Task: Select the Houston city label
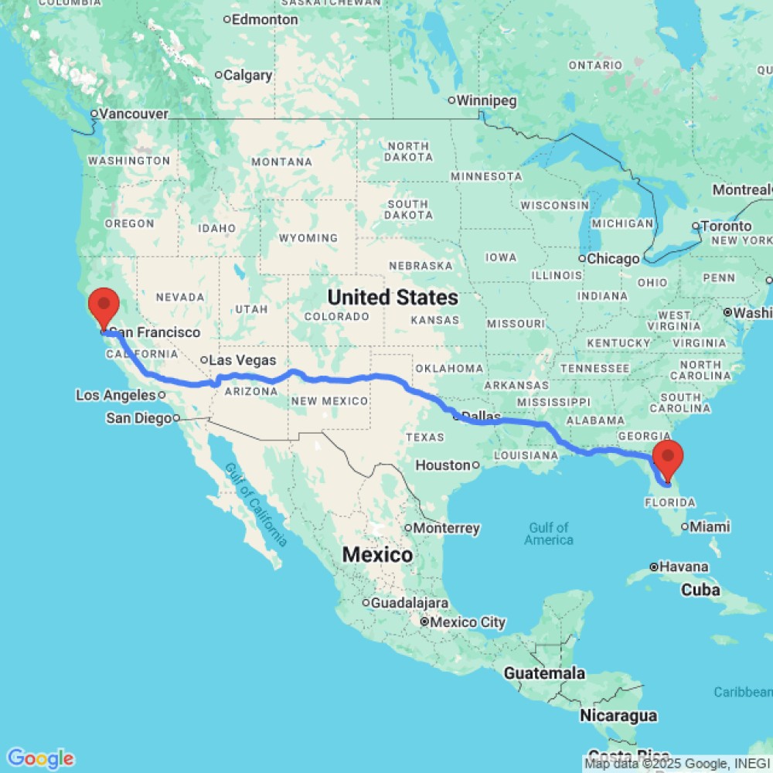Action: (443, 465)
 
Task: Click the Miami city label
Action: (710, 527)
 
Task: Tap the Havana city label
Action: (683, 567)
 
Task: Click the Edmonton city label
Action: (265, 19)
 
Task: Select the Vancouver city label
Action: (134, 114)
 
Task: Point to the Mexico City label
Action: (468, 621)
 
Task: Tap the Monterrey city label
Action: (447, 528)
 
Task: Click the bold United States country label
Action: (392, 297)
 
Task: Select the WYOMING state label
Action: (308, 237)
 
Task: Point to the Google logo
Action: (40, 758)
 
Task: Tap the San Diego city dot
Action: (176, 418)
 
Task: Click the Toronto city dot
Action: (696, 226)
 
